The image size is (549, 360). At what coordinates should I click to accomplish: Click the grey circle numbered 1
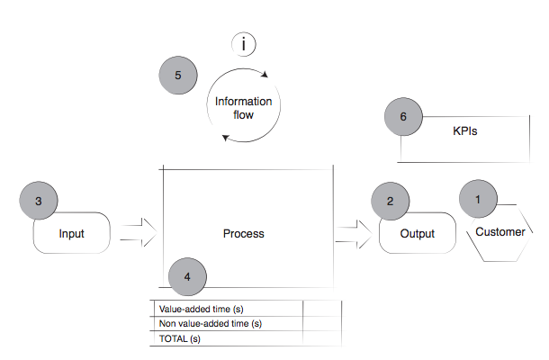pos(479,198)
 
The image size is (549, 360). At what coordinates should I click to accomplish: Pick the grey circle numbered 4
pos(186,276)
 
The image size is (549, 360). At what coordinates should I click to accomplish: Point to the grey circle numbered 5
pos(178,76)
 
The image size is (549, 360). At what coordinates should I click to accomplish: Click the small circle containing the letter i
pos(244,43)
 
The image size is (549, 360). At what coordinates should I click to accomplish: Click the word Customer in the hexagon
pos(500,232)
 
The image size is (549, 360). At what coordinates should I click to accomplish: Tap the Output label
pos(417,234)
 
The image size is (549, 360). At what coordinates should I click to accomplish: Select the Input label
pos(71,234)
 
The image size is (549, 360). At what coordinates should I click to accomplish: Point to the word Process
pos(244,234)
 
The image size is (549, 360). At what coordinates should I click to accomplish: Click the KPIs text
pos(464,130)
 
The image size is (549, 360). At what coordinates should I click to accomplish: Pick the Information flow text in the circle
pos(244,108)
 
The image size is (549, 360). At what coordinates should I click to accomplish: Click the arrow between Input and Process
pos(137,233)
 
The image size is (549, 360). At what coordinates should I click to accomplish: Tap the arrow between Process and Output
pos(354,234)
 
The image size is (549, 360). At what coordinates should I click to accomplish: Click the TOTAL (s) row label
pos(179,338)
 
